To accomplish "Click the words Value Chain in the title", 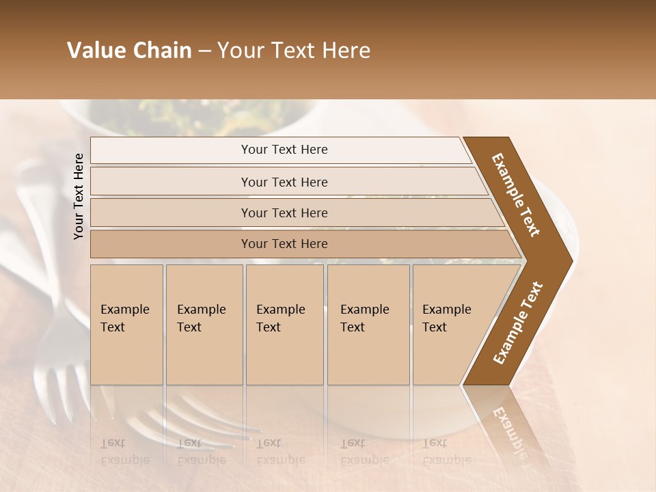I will point(129,51).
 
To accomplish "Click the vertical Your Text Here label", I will point(79,196).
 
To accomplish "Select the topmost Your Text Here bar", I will point(284,150).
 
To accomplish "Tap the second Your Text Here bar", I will point(284,182).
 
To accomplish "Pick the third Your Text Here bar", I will point(284,213).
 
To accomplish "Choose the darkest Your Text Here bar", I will point(284,244).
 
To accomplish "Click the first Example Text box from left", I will point(126,325).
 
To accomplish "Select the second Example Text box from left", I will point(204,325).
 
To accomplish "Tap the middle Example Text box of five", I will point(284,325).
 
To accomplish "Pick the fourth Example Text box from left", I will point(368,325).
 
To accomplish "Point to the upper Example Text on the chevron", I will point(516,195).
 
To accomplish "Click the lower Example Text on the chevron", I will point(518,323).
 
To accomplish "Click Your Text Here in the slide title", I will point(294,51).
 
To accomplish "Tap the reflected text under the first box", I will point(124,451).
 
